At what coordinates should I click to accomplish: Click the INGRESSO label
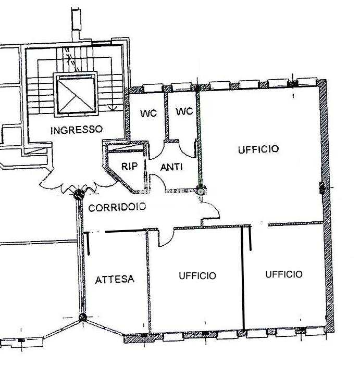pyautogui.click(x=77, y=130)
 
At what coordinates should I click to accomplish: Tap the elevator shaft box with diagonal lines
pyautogui.click(x=76, y=94)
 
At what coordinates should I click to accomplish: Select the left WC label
pyautogui.click(x=148, y=112)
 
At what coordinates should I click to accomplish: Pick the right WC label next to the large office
pyautogui.click(x=184, y=111)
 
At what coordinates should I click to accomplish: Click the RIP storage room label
pyautogui.click(x=129, y=167)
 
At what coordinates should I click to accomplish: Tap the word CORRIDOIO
pyautogui.click(x=117, y=207)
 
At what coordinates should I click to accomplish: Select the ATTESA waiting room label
pyautogui.click(x=115, y=279)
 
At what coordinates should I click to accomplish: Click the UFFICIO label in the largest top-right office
pyautogui.click(x=258, y=149)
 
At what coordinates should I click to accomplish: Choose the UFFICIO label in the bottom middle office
pyautogui.click(x=197, y=275)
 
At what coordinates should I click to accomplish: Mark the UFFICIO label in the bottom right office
pyautogui.click(x=283, y=274)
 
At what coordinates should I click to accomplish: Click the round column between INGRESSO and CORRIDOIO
pyautogui.click(x=79, y=195)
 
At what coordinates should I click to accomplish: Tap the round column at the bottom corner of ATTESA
pyautogui.click(x=82, y=318)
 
